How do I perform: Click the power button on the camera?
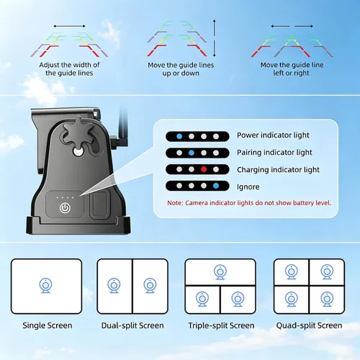[65, 208]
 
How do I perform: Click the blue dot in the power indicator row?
[179, 136]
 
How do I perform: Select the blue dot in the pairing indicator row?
[192, 153]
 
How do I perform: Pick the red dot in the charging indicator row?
[204, 169]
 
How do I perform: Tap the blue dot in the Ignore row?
[216, 186]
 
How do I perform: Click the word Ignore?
[248, 186]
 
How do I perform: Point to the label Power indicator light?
[273, 135]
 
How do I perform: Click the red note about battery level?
[249, 203]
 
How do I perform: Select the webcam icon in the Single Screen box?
[45, 285]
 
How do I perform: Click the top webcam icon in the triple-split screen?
[220, 272]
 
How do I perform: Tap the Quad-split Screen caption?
[309, 325]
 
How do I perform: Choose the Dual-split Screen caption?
[132, 325]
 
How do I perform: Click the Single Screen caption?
[48, 325]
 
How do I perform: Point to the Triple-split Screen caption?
[221, 325]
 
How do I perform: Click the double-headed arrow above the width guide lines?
[69, 26]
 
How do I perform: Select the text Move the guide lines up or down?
[181, 69]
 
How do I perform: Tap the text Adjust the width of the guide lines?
[69, 69]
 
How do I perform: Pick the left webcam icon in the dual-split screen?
[114, 285]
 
